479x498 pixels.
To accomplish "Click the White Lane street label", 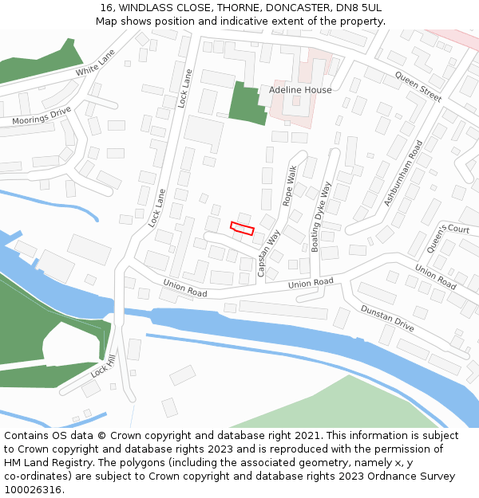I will point(96,63).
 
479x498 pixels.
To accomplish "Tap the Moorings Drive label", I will point(42,116).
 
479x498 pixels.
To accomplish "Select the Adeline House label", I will point(300,90).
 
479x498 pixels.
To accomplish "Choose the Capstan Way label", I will point(269,253).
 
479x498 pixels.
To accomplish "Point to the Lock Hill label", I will point(103,367).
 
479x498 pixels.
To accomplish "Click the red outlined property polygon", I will point(242,229).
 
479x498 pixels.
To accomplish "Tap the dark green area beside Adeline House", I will point(246,105).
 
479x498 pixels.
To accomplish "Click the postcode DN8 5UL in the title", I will point(358,8).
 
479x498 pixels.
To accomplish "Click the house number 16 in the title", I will point(106,8).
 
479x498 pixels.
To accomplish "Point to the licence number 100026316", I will point(32,489).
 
